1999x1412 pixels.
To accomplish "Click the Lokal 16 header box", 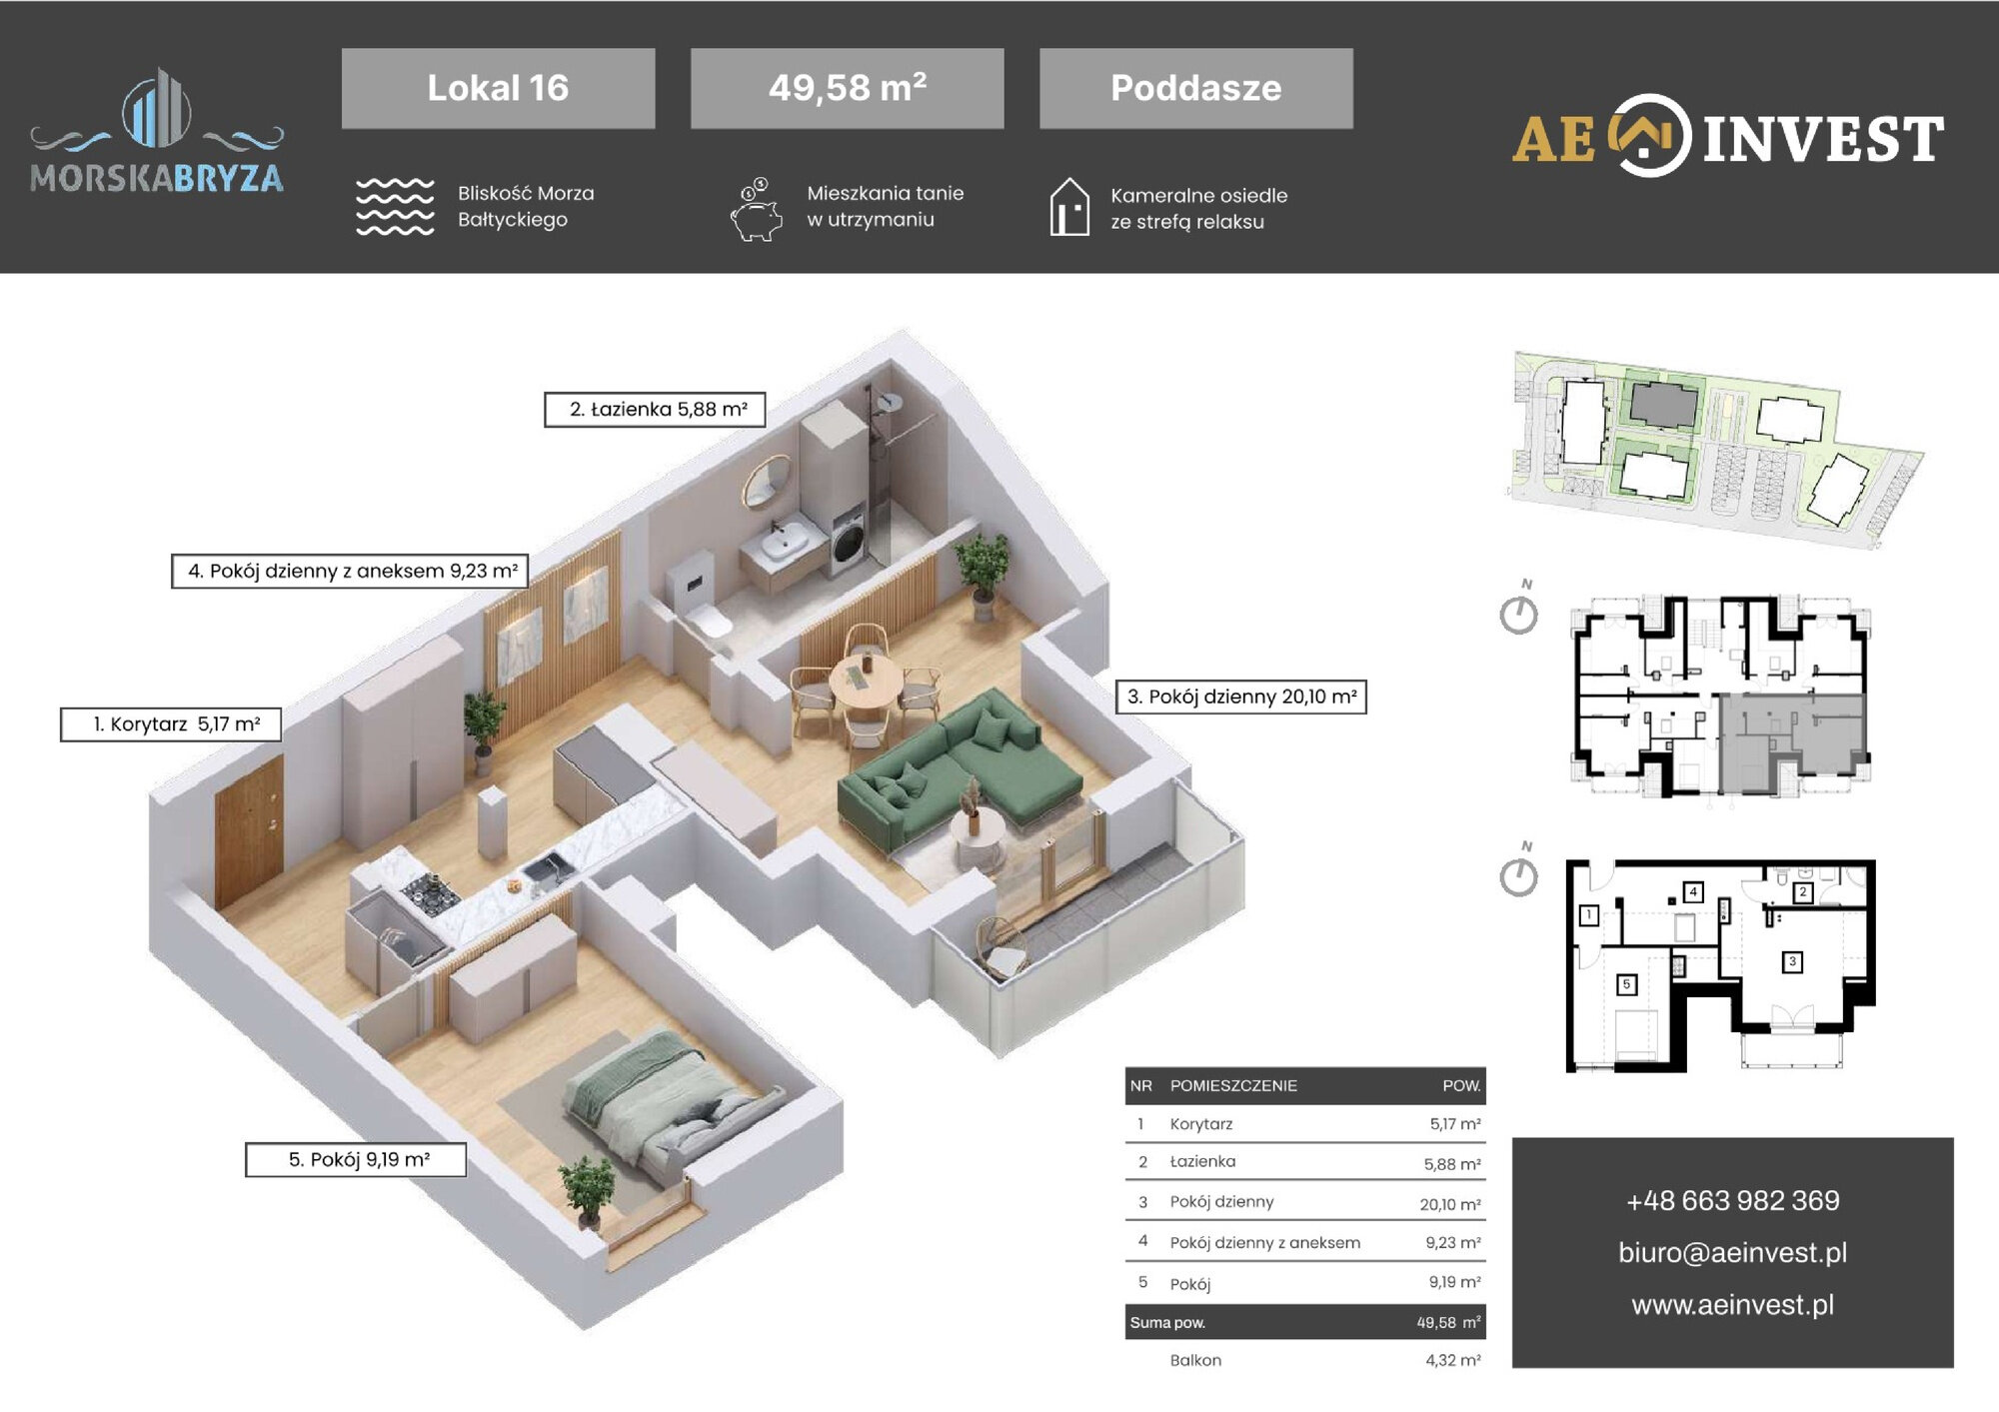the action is pos(498,88).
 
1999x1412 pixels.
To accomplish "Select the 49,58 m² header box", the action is pos(847,88).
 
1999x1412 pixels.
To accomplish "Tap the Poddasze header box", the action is pos(1196,88).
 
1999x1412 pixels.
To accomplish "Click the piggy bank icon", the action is pos(757,210).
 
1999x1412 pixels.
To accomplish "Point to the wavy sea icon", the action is pos(395,207).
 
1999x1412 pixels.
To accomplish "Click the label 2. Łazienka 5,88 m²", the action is pos(655,410).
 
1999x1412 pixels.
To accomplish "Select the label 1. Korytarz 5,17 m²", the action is pos(171,724).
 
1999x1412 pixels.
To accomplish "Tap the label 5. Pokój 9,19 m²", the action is pos(356,1160).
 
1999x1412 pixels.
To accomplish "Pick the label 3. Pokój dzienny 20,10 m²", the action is pos(1241,697).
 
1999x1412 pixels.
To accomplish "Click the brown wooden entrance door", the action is pos(249,831).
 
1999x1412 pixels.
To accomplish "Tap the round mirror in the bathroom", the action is pos(767,482).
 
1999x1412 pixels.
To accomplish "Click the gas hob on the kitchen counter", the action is pos(430,892).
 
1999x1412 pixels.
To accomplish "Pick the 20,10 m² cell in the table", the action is pos(1450,1204).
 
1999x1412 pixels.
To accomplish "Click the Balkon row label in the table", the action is pos(1195,1360).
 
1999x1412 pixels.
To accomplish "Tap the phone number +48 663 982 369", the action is pos(1732,1200).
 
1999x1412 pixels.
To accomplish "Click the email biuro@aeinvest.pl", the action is pos(1732,1252).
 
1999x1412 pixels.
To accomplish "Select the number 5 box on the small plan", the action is pos(1626,984).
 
